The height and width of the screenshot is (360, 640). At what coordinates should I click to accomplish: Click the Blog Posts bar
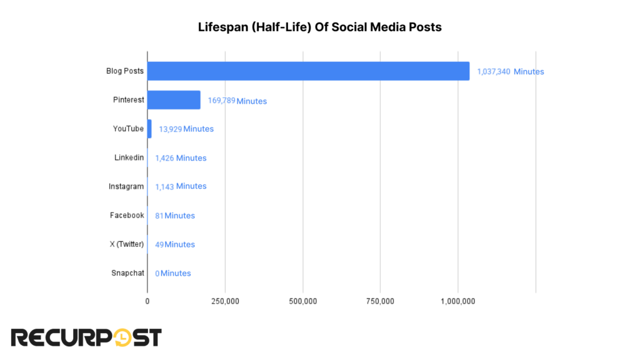[x=308, y=71]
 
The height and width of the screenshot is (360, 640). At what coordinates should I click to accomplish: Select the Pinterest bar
[x=174, y=100]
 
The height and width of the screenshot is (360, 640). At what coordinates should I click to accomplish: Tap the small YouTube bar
[x=149, y=129]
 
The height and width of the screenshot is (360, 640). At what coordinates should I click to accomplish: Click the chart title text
[x=319, y=27]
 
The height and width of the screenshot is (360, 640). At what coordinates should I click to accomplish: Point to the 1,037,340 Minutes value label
[x=510, y=72]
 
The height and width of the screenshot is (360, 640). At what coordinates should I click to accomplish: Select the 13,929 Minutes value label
[x=186, y=129]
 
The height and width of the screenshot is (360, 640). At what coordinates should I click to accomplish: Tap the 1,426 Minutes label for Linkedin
[x=181, y=158]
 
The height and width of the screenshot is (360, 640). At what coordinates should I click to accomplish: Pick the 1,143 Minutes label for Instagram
[x=181, y=186]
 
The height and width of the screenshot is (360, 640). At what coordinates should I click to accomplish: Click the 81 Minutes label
[x=175, y=216]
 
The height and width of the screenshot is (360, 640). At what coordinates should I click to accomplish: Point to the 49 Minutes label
[x=175, y=244]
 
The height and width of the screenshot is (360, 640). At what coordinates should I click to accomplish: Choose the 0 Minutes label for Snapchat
[x=173, y=273]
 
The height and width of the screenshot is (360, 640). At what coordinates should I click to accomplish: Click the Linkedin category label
[x=129, y=157]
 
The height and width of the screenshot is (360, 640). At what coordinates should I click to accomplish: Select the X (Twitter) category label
[x=126, y=244]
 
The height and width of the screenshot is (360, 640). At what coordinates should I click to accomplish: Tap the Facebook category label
[x=127, y=215]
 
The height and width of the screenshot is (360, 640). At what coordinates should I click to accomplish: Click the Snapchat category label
[x=127, y=272]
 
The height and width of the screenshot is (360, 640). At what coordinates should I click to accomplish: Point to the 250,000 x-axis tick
[x=225, y=301]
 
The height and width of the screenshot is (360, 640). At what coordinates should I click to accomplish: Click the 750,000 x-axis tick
[x=380, y=301]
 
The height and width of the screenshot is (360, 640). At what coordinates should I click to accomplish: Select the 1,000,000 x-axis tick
[x=458, y=301]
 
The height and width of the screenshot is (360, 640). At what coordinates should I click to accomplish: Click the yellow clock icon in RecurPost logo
[x=123, y=337]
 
